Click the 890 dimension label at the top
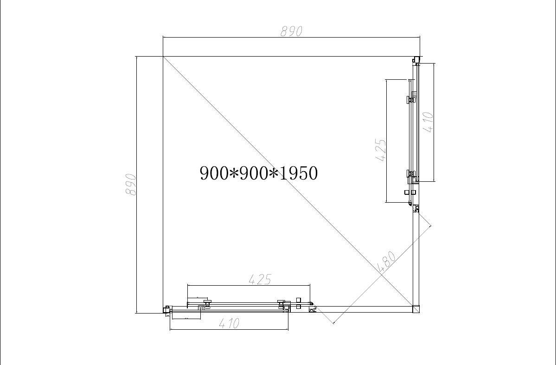[291, 31]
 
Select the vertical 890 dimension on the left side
[131, 185]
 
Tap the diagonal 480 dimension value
[386, 262]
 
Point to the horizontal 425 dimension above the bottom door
[260, 279]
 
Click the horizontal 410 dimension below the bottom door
[229, 323]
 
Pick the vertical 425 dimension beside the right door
[380, 150]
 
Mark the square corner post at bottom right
[415, 309]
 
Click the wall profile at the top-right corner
[416, 59]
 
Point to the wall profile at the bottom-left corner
[166, 309]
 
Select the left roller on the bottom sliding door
[206, 303]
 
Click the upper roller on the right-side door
[410, 98]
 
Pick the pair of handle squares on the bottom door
[299, 303]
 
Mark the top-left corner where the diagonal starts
[163, 57]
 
